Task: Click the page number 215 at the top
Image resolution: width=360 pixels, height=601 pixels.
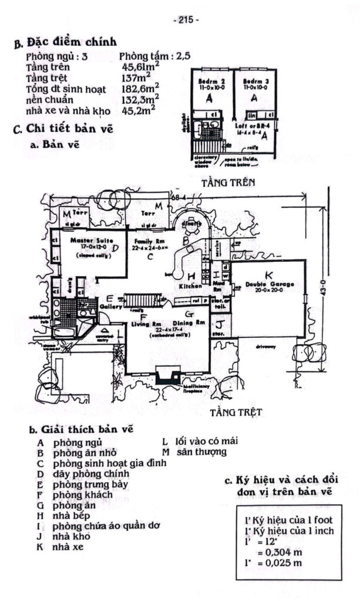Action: [187, 19]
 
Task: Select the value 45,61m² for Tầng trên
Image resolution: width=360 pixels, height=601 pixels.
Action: [140, 69]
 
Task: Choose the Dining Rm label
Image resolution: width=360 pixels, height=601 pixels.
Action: [191, 323]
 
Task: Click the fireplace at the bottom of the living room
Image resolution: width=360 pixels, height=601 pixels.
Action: [168, 375]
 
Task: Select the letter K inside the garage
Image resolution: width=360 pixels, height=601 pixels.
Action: [268, 274]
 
